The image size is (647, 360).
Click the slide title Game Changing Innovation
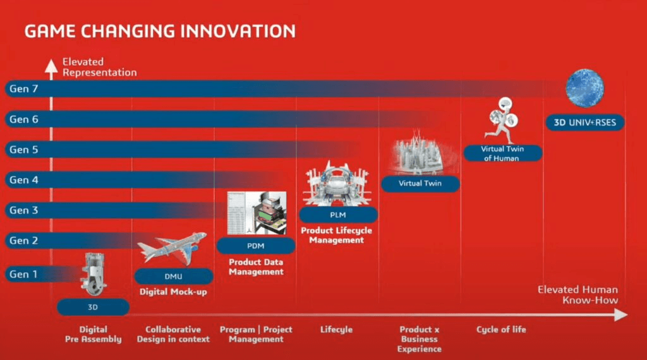point(160,31)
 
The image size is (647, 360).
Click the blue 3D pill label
point(93,308)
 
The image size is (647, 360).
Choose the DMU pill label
point(174,277)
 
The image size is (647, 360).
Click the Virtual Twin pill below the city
point(420,184)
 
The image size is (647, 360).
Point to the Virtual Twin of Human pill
point(502,153)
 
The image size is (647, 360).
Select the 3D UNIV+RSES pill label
point(584,123)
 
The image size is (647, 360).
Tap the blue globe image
point(584,88)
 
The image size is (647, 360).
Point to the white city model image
point(419,154)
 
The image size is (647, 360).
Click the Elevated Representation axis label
point(99,67)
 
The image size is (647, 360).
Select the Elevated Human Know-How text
point(577,294)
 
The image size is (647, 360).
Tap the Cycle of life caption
point(500,330)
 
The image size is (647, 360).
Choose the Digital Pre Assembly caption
point(93,334)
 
